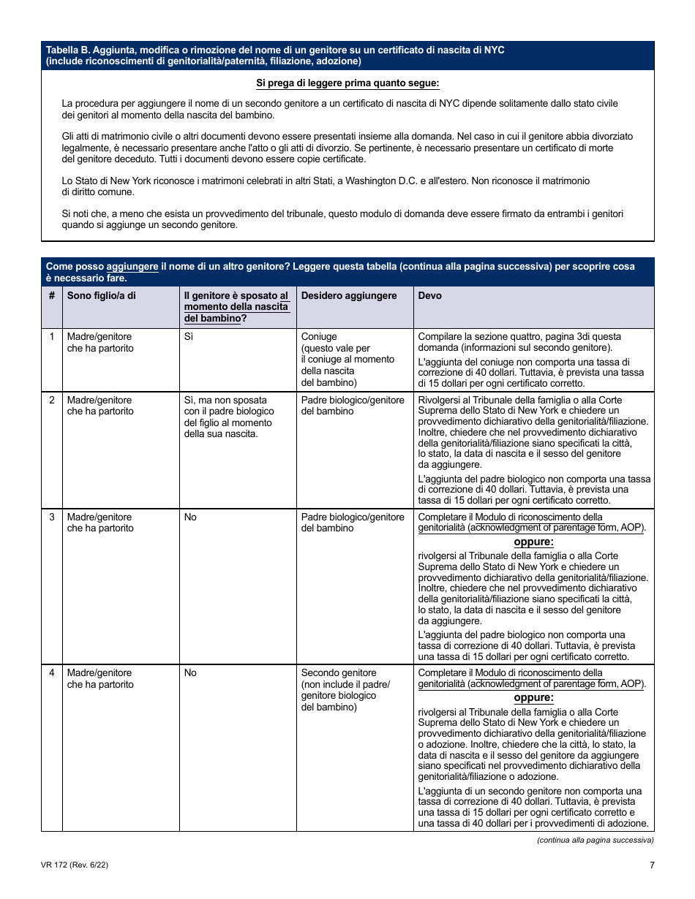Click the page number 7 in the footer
tap(651, 865)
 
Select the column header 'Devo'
tap(429, 296)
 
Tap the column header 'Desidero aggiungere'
tap(349, 296)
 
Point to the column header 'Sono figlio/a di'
tap(101, 296)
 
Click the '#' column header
tap(51, 296)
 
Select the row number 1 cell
tap(51, 337)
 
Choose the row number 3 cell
tap(51, 517)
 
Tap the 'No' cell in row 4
tap(190, 673)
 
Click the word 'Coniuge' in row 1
tap(319, 337)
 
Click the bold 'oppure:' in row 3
tap(533, 542)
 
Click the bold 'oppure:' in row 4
tap(533, 698)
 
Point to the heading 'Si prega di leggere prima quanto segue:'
tap(347, 83)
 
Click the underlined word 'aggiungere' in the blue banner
tap(132, 267)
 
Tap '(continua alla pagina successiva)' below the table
tap(595, 841)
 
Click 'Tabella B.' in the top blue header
tap(68, 50)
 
